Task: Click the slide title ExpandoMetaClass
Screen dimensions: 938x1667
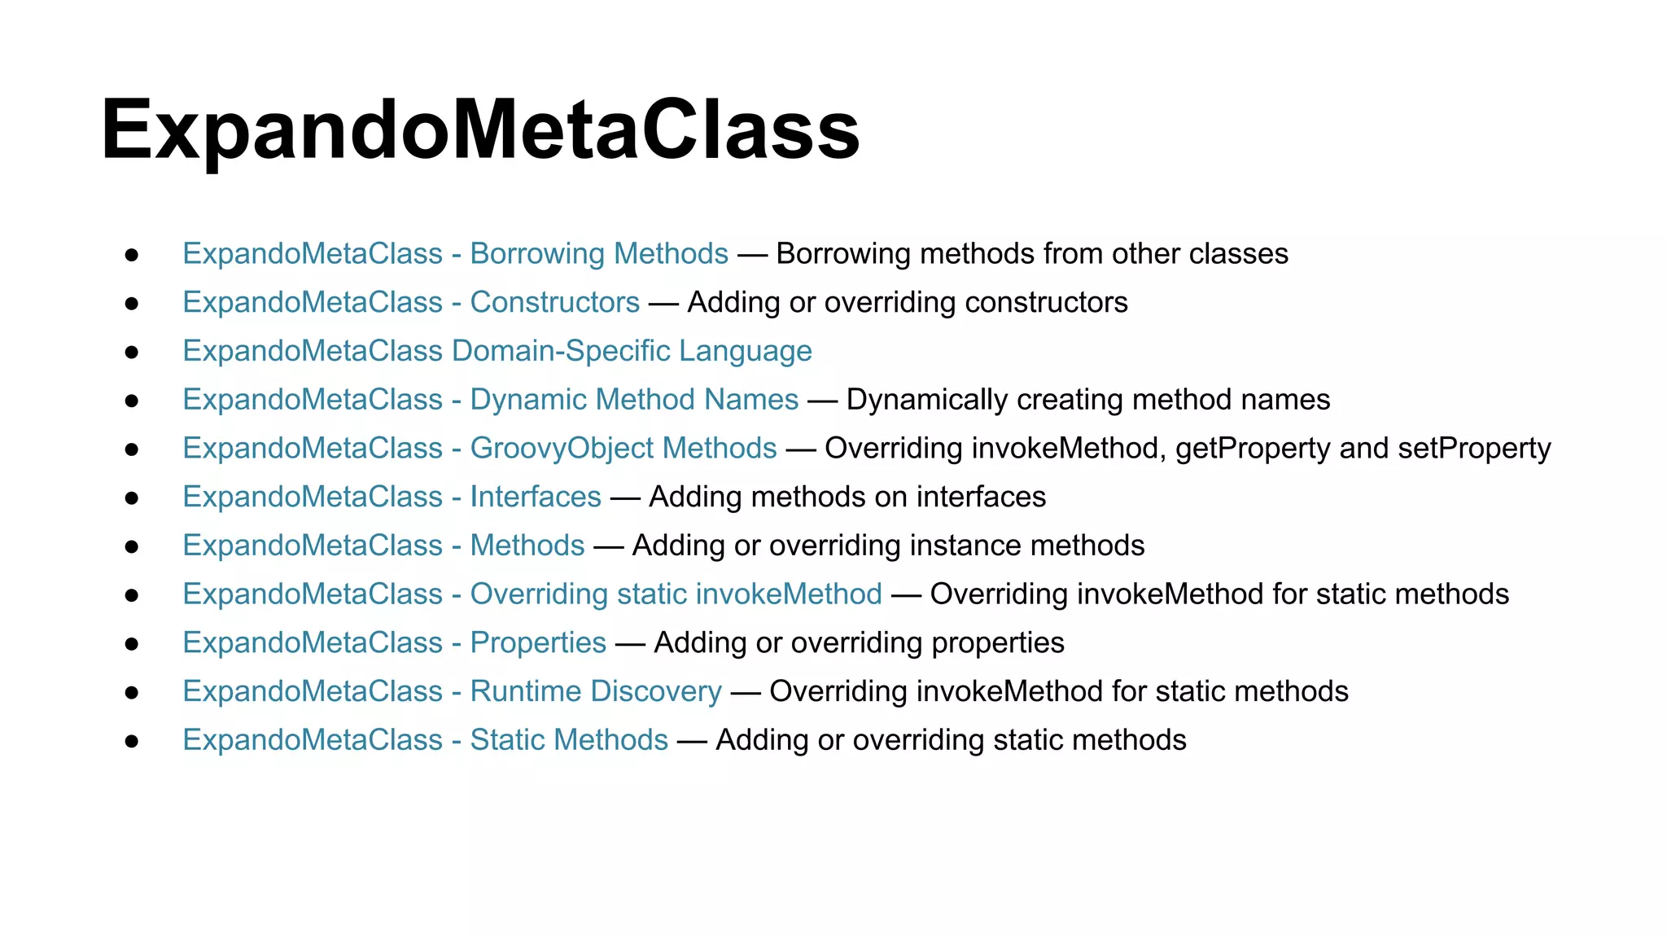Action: pyautogui.click(x=480, y=130)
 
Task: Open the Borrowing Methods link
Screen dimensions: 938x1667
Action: pyautogui.click(x=455, y=253)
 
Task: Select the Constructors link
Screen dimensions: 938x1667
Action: pyautogui.click(x=411, y=302)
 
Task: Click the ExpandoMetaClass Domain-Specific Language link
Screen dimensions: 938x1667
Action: pyautogui.click(x=497, y=351)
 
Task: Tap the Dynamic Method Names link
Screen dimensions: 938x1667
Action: pyautogui.click(x=490, y=400)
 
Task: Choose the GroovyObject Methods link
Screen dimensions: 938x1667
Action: pyautogui.click(x=479, y=449)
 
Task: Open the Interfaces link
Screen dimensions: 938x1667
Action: pyautogui.click(x=392, y=497)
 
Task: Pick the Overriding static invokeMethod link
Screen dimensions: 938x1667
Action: pyautogui.click(x=532, y=594)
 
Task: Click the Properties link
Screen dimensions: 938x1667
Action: pyautogui.click(x=394, y=642)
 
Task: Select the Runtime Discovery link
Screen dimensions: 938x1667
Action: pyautogui.click(x=452, y=691)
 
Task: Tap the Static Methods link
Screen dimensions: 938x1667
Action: pyautogui.click(x=425, y=740)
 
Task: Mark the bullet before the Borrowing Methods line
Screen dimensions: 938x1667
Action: pyautogui.click(x=132, y=255)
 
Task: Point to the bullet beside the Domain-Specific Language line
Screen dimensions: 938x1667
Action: pyautogui.click(x=132, y=353)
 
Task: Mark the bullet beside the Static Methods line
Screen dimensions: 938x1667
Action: pyautogui.click(x=132, y=742)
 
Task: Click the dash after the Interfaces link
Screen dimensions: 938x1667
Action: pyautogui.click(x=625, y=497)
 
